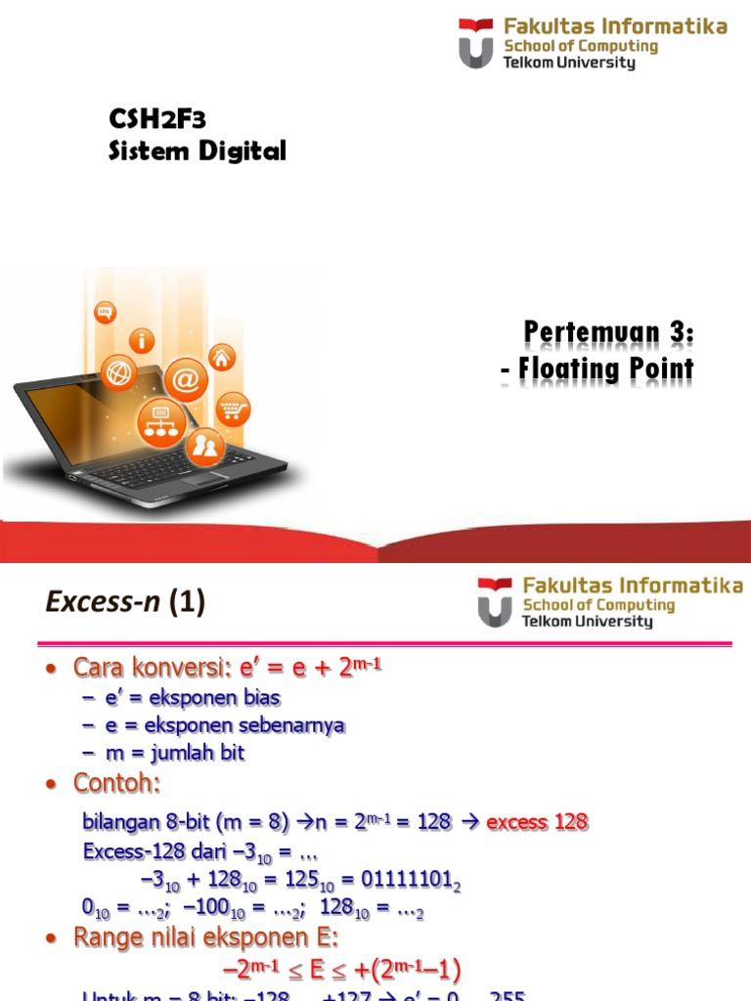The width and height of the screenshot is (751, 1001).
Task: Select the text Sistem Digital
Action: coord(197,152)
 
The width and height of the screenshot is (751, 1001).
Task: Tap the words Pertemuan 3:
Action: coord(608,333)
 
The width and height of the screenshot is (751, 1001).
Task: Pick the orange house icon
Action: coord(222,358)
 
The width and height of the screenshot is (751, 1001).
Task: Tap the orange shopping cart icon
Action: coord(233,408)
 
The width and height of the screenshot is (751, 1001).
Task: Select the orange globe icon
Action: coord(119,373)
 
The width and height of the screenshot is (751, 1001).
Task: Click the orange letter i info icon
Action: coord(145,341)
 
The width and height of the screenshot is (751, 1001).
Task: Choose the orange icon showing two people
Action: coord(205,448)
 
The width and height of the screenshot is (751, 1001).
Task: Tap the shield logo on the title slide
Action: coord(476,44)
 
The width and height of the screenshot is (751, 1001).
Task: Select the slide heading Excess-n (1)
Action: coord(125,604)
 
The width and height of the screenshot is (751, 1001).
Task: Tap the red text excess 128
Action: coord(537,822)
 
